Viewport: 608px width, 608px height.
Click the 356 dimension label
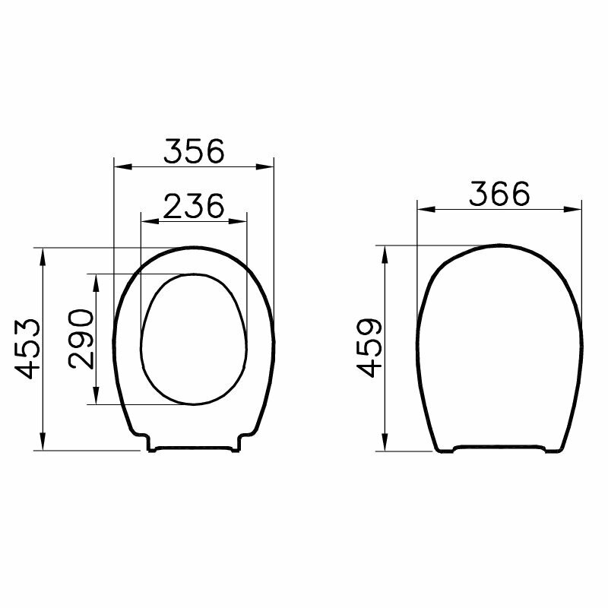pyautogui.click(x=194, y=150)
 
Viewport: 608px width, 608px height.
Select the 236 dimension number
pyautogui.click(x=194, y=205)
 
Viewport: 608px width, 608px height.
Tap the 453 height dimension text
pyautogui.click(x=27, y=349)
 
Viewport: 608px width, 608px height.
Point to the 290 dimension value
pyautogui.click(x=81, y=339)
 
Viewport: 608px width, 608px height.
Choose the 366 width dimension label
pyautogui.click(x=499, y=194)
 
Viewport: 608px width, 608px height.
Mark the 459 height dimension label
pyautogui.click(x=369, y=348)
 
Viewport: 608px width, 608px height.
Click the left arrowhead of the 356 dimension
pyautogui.click(x=123, y=166)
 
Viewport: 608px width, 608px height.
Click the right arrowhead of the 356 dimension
pyautogui.click(x=264, y=166)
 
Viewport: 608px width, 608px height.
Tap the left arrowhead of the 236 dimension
pyautogui.click(x=150, y=221)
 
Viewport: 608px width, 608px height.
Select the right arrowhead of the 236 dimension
pyautogui.click(x=238, y=221)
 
